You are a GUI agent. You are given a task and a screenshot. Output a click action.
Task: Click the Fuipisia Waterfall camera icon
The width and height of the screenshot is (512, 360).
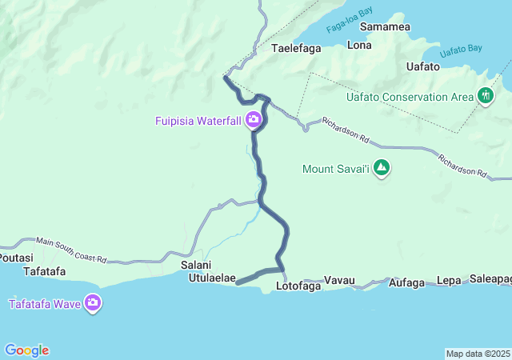tap(254, 121)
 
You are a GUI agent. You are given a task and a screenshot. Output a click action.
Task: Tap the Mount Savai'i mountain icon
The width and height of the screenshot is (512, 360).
tap(382, 168)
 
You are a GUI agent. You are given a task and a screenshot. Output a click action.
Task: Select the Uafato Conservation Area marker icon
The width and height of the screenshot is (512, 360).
tap(485, 97)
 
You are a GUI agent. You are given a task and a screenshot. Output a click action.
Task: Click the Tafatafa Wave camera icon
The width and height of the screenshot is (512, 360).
tap(93, 303)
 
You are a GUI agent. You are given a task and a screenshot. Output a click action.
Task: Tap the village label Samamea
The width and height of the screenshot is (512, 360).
tap(386, 27)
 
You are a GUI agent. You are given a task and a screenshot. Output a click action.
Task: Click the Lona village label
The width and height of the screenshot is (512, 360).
tap(359, 46)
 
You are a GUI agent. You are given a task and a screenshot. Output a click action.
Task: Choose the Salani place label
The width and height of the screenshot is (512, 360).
tap(195, 266)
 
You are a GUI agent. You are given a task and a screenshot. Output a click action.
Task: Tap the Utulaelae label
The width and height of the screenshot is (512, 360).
tap(211, 278)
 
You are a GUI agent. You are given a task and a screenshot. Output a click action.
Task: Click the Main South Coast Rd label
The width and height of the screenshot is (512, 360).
tap(71, 250)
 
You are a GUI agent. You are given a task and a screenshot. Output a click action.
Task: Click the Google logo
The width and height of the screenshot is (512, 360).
tap(26, 350)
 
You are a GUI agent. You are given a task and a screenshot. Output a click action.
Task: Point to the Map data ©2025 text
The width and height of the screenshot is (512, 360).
tap(478, 354)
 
